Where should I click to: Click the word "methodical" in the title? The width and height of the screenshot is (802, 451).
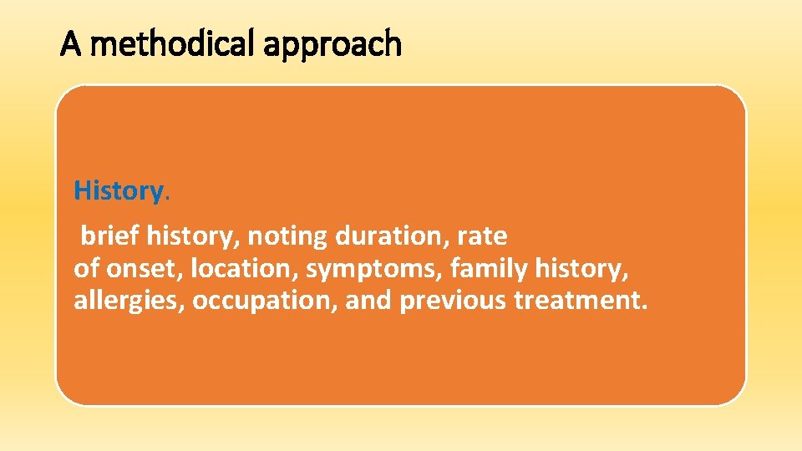(174, 43)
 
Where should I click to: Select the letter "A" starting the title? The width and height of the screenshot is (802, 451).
(71, 43)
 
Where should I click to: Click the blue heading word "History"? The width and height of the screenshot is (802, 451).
(118, 191)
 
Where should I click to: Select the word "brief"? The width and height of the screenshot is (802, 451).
(109, 236)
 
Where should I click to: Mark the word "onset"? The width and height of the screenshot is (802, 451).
(141, 269)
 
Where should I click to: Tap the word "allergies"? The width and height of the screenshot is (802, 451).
(129, 301)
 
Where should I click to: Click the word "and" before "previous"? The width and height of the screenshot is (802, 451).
(368, 301)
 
